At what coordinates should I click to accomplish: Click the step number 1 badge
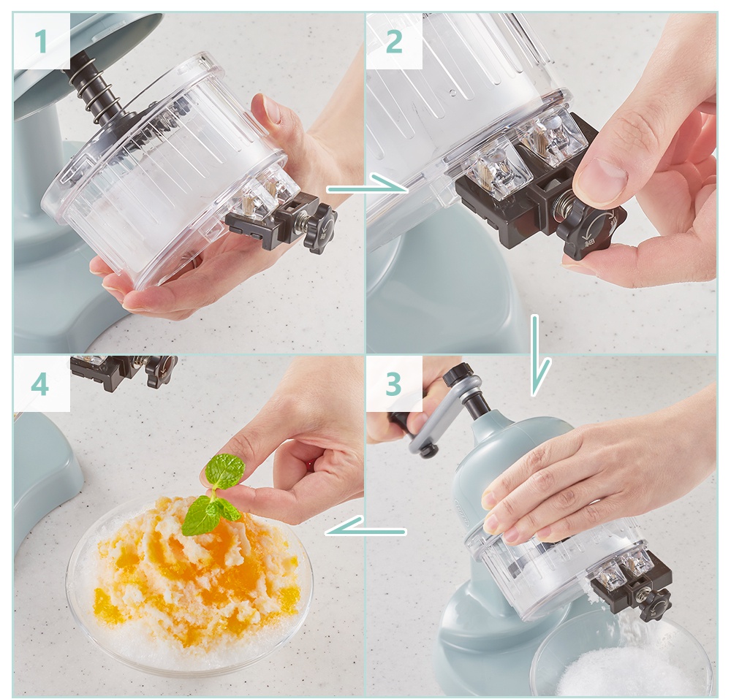tap(42, 41)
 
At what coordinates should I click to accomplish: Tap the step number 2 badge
tap(395, 41)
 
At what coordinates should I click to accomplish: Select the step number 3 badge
tap(394, 383)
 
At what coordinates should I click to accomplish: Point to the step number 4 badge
tap(41, 384)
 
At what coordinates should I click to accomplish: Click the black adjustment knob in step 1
tap(319, 226)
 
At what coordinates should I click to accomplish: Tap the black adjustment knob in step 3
tap(655, 604)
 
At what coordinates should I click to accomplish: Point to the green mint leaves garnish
tap(216, 494)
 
